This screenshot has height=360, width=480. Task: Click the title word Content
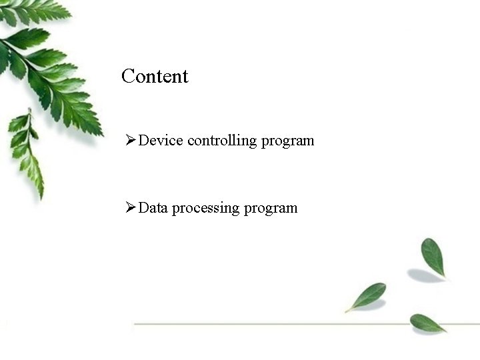[x=155, y=76]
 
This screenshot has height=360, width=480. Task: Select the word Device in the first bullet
[x=161, y=141]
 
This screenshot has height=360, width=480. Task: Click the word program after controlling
[x=287, y=142]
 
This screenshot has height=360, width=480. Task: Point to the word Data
[x=153, y=208]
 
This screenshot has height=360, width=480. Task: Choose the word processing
[x=205, y=209]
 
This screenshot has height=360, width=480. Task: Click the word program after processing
[x=271, y=209]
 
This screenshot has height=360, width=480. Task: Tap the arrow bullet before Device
[x=131, y=141]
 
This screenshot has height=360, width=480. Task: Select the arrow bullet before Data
[x=131, y=208]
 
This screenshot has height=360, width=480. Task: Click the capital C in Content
[x=128, y=76]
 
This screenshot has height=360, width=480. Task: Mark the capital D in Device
[x=144, y=141]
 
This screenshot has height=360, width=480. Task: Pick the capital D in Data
[x=144, y=208]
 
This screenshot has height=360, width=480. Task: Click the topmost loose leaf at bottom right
[x=433, y=255]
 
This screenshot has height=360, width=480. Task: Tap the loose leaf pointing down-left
[x=367, y=295]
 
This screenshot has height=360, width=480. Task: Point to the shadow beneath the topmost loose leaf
[x=424, y=275]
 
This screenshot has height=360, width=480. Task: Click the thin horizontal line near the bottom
[x=267, y=324]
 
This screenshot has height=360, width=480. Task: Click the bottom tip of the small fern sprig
[x=41, y=197]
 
